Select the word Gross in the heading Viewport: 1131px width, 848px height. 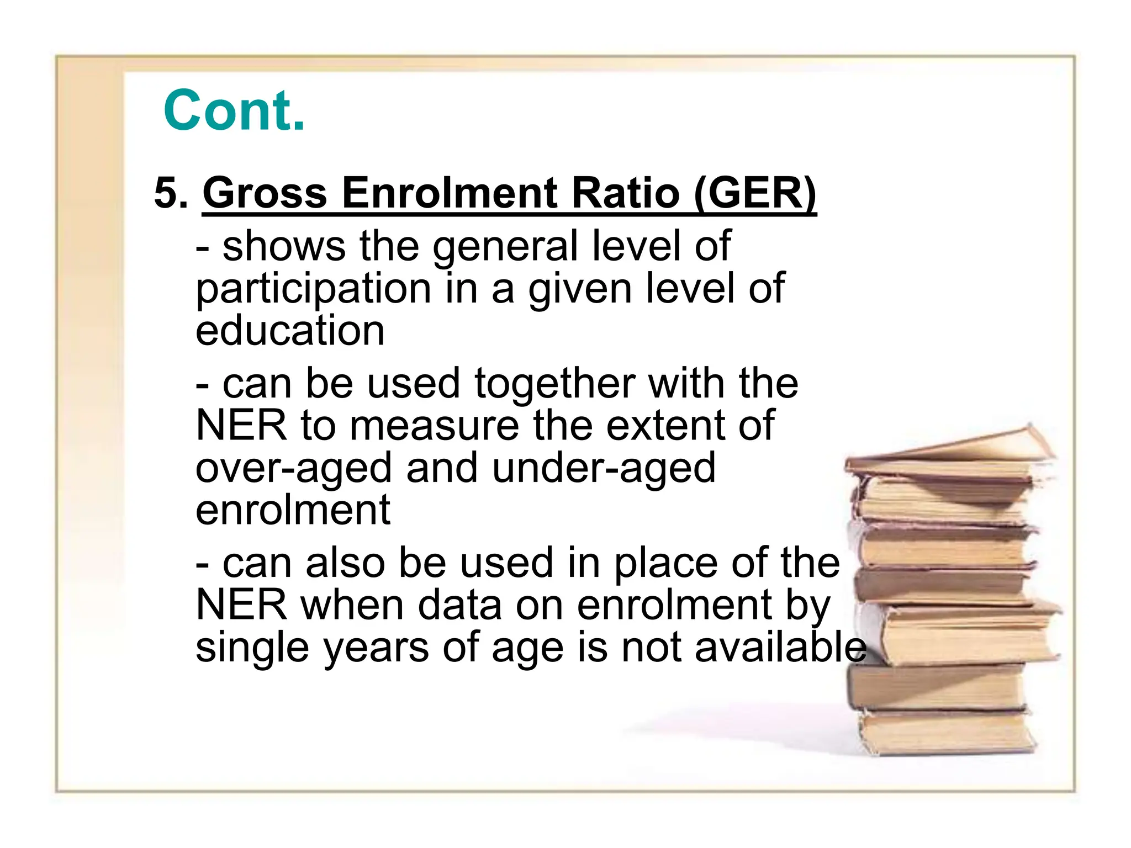265,193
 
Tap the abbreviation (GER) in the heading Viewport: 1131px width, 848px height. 755,193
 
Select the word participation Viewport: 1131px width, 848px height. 314,289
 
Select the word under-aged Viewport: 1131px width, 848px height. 603,468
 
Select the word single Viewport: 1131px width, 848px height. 252,648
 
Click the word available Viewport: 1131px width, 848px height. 780,647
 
